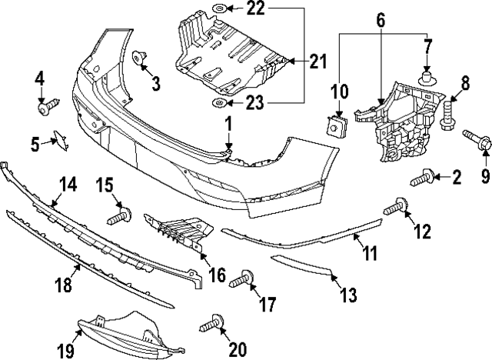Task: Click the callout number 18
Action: (x=63, y=285)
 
